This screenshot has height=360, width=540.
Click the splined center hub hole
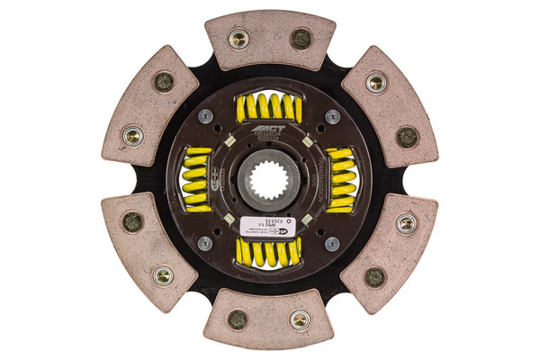[x=269, y=176]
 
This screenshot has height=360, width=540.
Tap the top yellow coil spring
[x=268, y=107]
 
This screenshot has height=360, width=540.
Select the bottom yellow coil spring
[x=268, y=251]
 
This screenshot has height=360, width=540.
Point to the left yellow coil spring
[x=197, y=179]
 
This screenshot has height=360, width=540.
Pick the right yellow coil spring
[x=340, y=179]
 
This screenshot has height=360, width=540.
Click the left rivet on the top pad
[x=238, y=39]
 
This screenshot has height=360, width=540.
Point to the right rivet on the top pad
[x=301, y=40]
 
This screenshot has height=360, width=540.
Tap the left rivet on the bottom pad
[x=238, y=319]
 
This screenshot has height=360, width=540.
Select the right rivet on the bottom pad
[x=299, y=319]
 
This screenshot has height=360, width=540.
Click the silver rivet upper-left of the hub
[x=206, y=116]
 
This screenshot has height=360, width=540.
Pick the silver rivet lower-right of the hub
[x=332, y=243]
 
